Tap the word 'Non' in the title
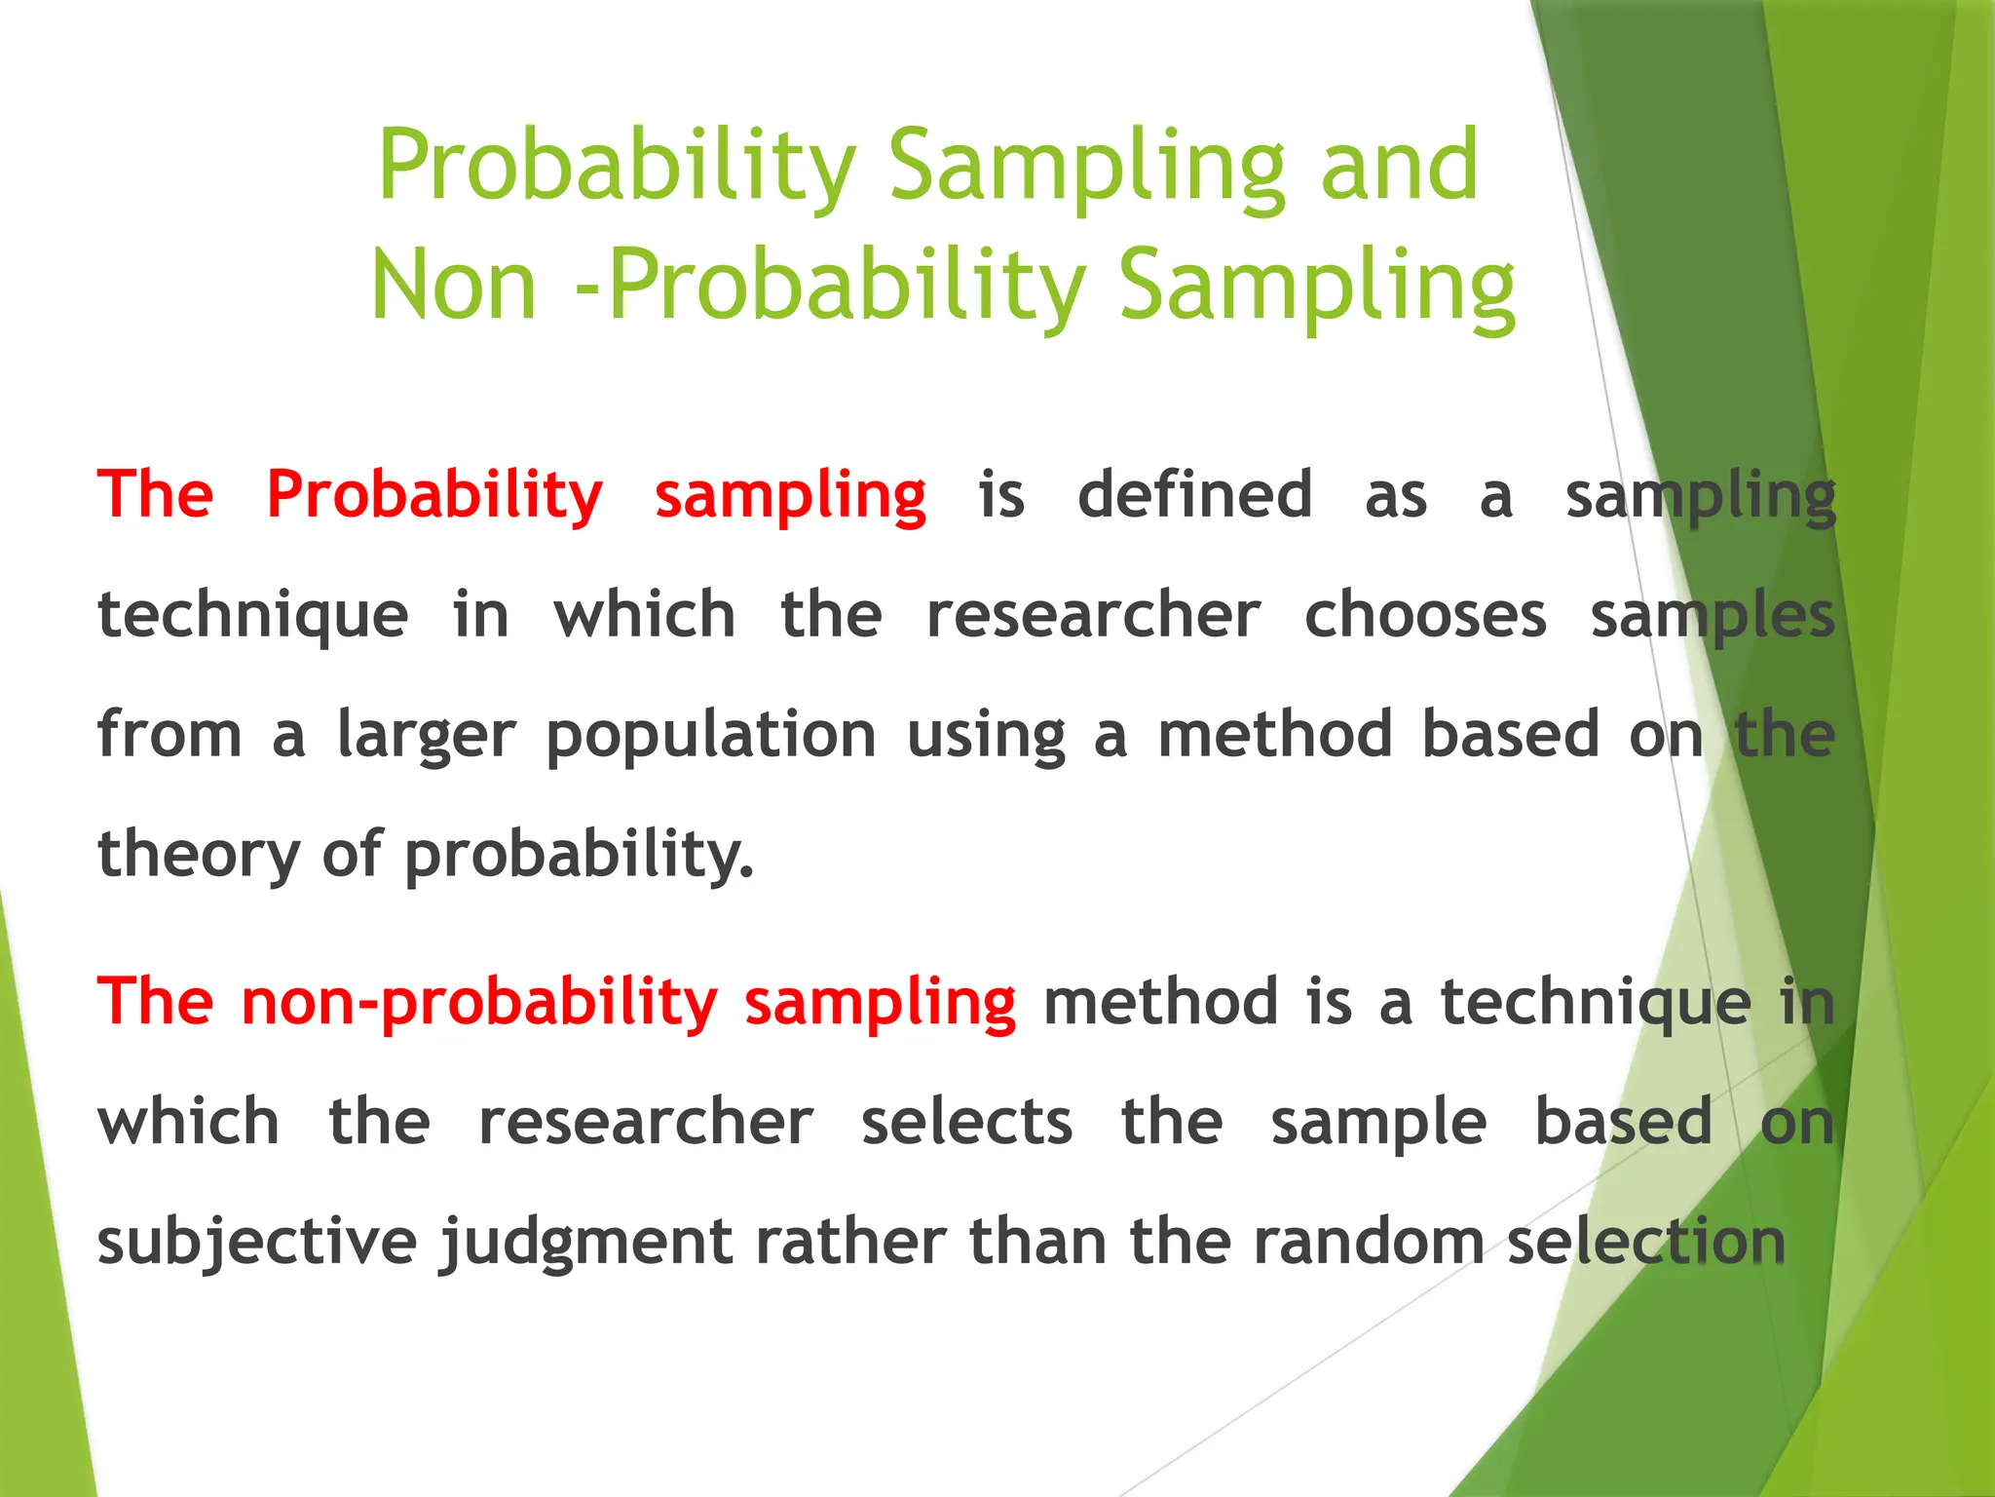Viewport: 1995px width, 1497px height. pyautogui.click(x=454, y=286)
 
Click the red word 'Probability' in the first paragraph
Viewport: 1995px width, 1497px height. pyautogui.click(x=434, y=495)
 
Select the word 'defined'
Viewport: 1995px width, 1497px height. pyautogui.click(x=1194, y=495)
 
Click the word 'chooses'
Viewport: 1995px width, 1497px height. pyautogui.click(x=1425, y=616)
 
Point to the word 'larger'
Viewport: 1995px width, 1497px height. pyautogui.click(x=426, y=737)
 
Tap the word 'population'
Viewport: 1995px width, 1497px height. pyautogui.click(x=711, y=737)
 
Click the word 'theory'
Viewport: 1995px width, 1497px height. pyautogui.click(x=200, y=856)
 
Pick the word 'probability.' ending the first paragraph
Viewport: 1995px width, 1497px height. pyautogui.click(x=580, y=856)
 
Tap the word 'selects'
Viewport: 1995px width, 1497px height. pyautogui.click(x=966, y=1122)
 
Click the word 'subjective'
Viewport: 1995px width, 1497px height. pyautogui.click(x=257, y=1244)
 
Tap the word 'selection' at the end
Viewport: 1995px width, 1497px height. pyautogui.click(x=1646, y=1242)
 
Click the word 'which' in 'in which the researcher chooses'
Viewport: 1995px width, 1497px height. pyautogui.click(x=645, y=616)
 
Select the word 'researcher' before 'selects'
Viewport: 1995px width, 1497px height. pyautogui.click(x=646, y=1122)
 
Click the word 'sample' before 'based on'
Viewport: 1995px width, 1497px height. pyautogui.click(x=1378, y=1124)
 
